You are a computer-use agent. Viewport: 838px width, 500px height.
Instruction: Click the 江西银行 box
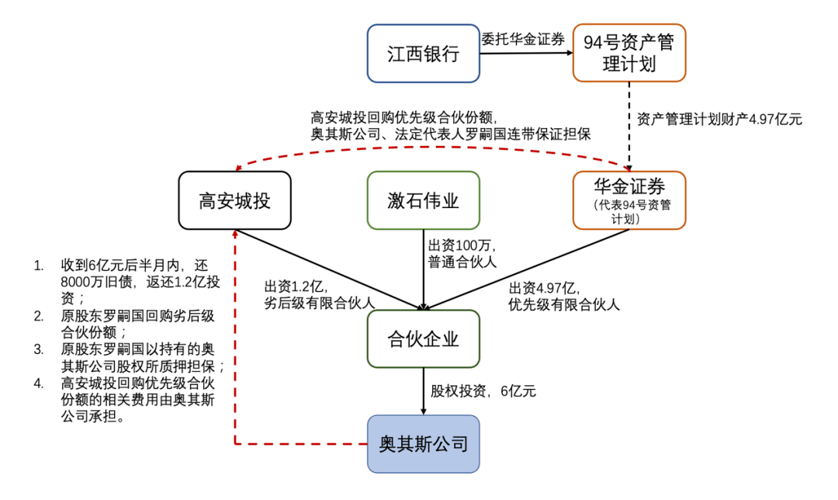pyautogui.click(x=423, y=54)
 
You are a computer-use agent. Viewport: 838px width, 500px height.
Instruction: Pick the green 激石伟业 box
pyautogui.click(x=423, y=200)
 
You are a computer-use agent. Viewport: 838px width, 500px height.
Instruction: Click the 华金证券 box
pyautogui.click(x=629, y=200)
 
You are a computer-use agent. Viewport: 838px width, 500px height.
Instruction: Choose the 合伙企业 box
pyautogui.click(x=423, y=339)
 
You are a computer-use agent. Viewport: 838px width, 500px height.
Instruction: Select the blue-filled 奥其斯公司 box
pyautogui.click(x=423, y=444)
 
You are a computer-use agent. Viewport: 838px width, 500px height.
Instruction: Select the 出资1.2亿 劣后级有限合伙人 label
pyautogui.click(x=319, y=295)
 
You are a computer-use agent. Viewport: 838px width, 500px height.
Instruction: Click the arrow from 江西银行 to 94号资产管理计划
pyautogui.click(x=525, y=54)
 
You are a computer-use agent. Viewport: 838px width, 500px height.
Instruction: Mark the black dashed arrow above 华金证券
pyautogui.click(x=629, y=124)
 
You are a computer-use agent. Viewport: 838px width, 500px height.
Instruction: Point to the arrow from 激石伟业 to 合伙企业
pyautogui.click(x=424, y=268)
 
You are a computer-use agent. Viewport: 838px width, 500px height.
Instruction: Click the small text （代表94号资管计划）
pyautogui.click(x=629, y=213)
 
